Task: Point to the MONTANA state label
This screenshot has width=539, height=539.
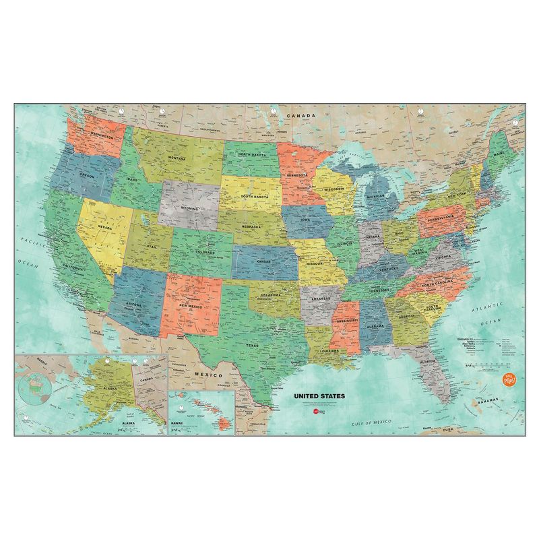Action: [x=177, y=158]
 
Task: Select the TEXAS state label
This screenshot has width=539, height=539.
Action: [x=251, y=346]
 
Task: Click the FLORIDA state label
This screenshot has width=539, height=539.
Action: [x=428, y=361]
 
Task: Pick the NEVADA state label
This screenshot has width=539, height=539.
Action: [x=106, y=227]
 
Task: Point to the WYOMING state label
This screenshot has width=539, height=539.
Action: [x=189, y=209]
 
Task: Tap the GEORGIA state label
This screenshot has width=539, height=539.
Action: [x=406, y=317]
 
